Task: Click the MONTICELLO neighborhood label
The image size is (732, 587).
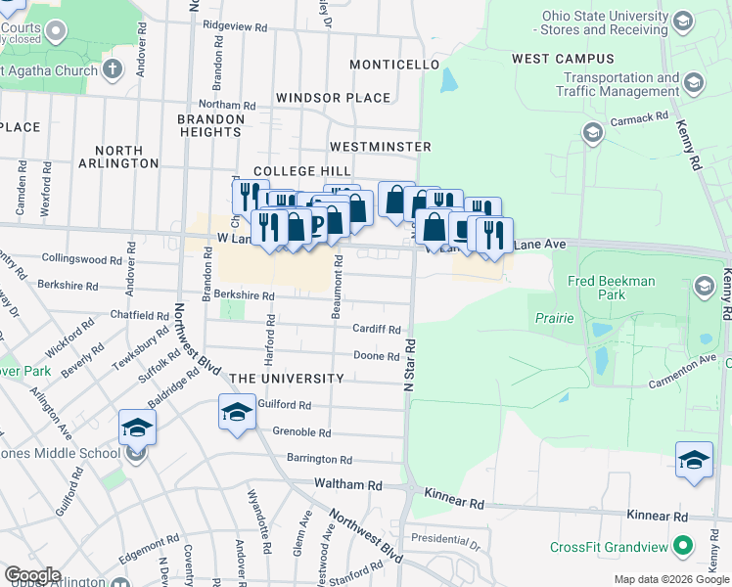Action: [x=395, y=65]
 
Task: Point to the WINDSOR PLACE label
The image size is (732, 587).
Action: [x=333, y=98]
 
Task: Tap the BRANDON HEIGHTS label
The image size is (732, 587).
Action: [x=210, y=125]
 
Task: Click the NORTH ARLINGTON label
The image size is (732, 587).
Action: [x=125, y=157]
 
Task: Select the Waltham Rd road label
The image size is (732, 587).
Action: [x=347, y=484]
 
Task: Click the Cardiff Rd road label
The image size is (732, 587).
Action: [x=377, y=330]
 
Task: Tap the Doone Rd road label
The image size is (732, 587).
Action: [x=377, y=357]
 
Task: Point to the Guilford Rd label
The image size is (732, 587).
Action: [x=284, y=404]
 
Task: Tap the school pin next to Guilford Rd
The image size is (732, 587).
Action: [x=236, y=414]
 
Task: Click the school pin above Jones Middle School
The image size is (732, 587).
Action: [x=137, y=427]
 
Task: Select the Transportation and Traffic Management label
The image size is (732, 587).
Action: [x=621, y=84]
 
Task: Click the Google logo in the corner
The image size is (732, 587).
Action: [x=32, y=575]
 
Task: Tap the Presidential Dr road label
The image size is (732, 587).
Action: [x=445, y=539]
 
